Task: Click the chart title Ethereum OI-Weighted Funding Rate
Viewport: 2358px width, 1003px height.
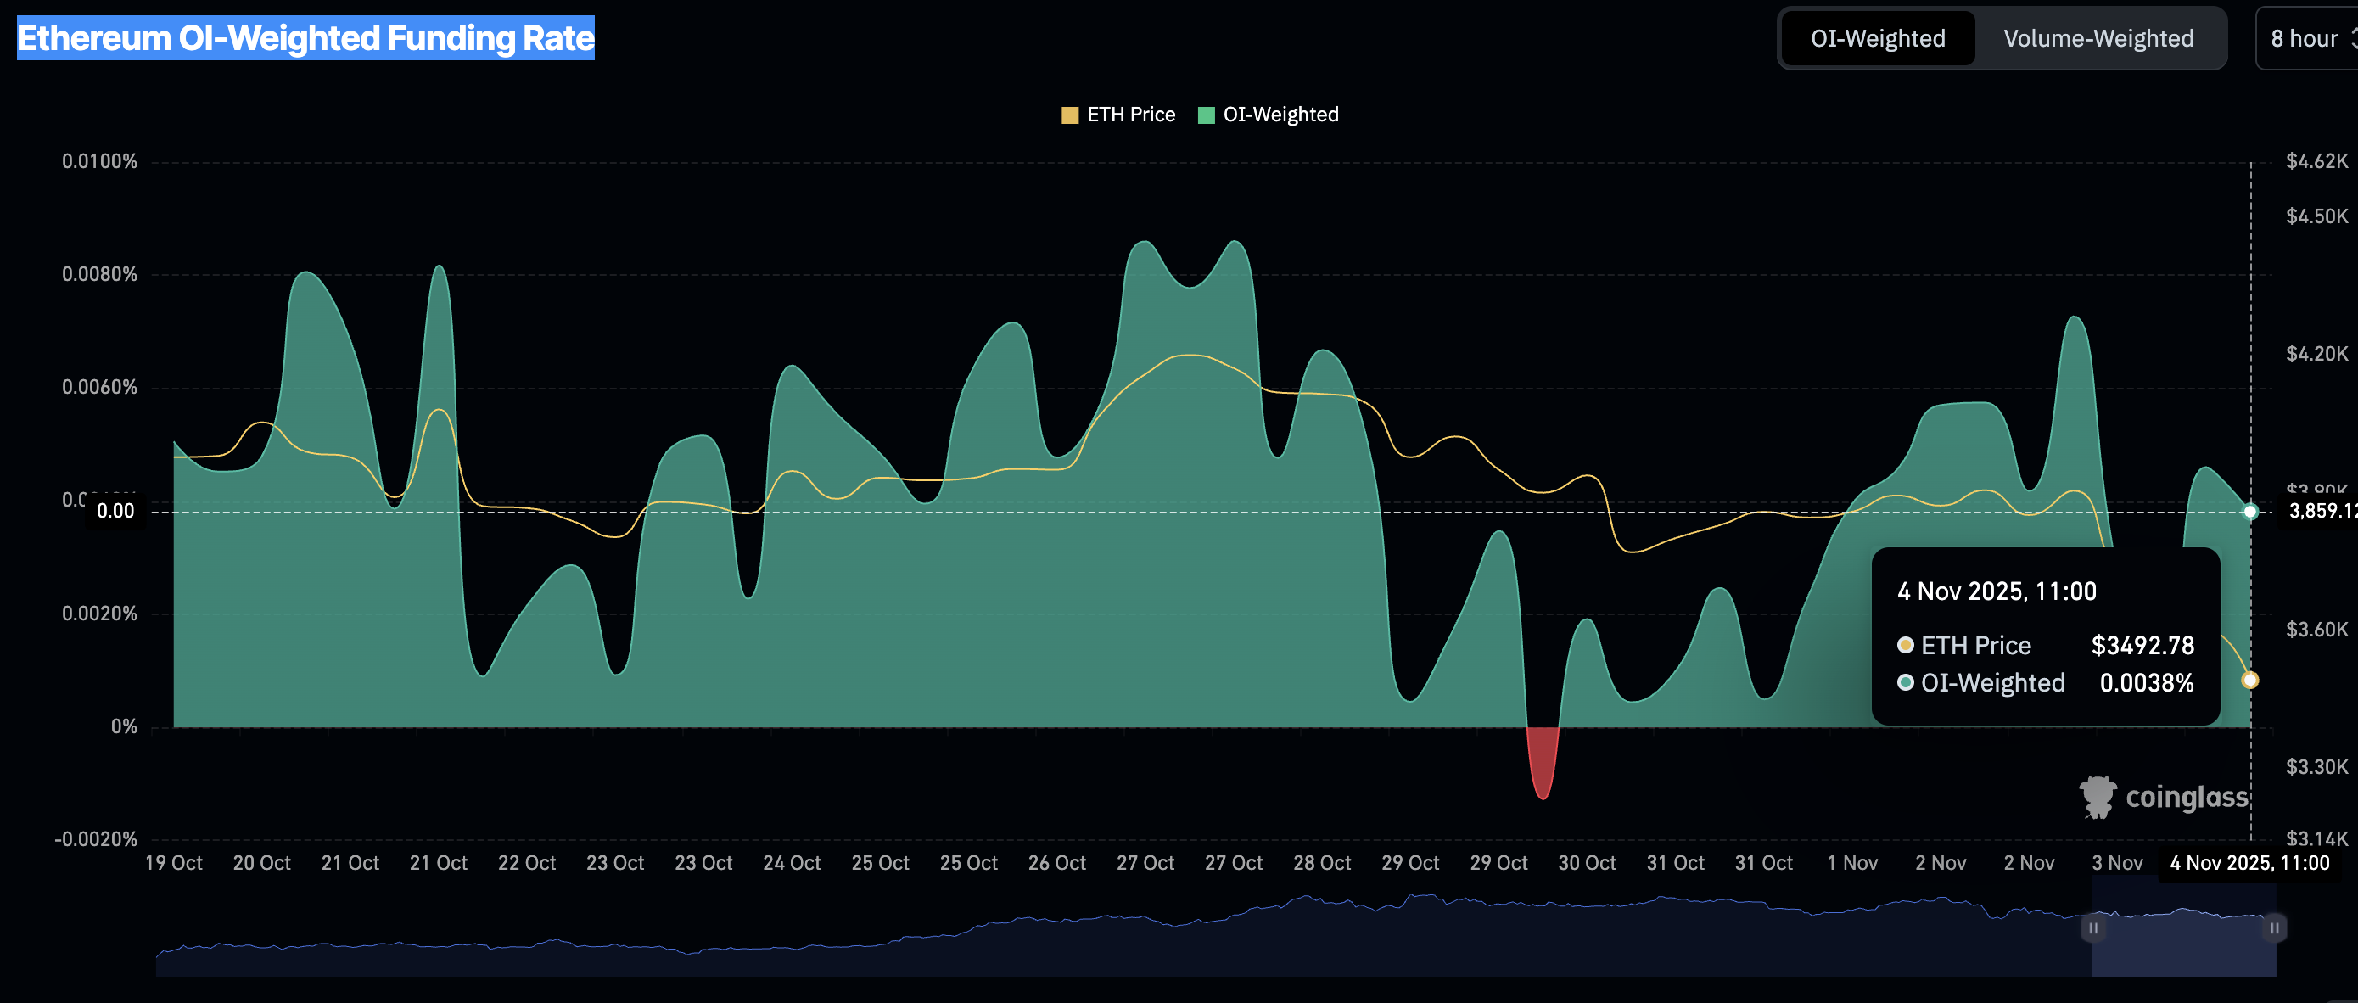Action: pyautogui.click(x=305, y=38)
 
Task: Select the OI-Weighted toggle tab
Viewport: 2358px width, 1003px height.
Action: pyautogui.click(x=1878, y=38)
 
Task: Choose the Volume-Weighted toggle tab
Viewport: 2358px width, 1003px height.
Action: pyautogui.click(x=2098, y=38)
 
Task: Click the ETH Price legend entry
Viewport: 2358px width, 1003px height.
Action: pyautogui.click(x=1118, y=115)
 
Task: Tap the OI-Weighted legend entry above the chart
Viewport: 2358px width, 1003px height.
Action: pyautogui.click(x=1269, y=115)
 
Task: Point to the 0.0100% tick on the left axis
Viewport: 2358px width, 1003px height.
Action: pyautogui.click(x=100, y=162)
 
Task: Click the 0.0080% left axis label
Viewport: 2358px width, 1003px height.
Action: pyautogui.click(x=100, y=275)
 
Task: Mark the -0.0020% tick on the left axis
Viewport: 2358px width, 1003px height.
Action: pyautogui.click(x=96, y=839)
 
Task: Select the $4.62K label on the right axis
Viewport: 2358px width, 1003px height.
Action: pyautogui.click(x=2316, y=162)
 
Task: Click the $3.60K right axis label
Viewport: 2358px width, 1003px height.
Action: pyautogui.click(x=2316, y=630)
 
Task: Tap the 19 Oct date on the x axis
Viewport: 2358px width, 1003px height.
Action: pyautogui.click(x=174, y=863)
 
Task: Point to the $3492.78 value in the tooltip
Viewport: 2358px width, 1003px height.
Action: pyautogui.click(x=2142, y=645)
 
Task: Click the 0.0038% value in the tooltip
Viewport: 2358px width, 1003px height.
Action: pyautogui.click(x=2146, y=683)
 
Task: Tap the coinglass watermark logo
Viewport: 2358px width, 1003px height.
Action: pyautogui.click(x=2164, y=797)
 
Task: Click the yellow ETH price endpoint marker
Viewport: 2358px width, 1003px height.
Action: pyautogui.click(x=2249, y=680)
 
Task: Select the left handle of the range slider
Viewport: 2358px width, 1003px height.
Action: pyautogui.click(x=2092, y=928)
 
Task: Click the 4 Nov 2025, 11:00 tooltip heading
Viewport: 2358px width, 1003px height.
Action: pyautogui.click(x=1997, y=591)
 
